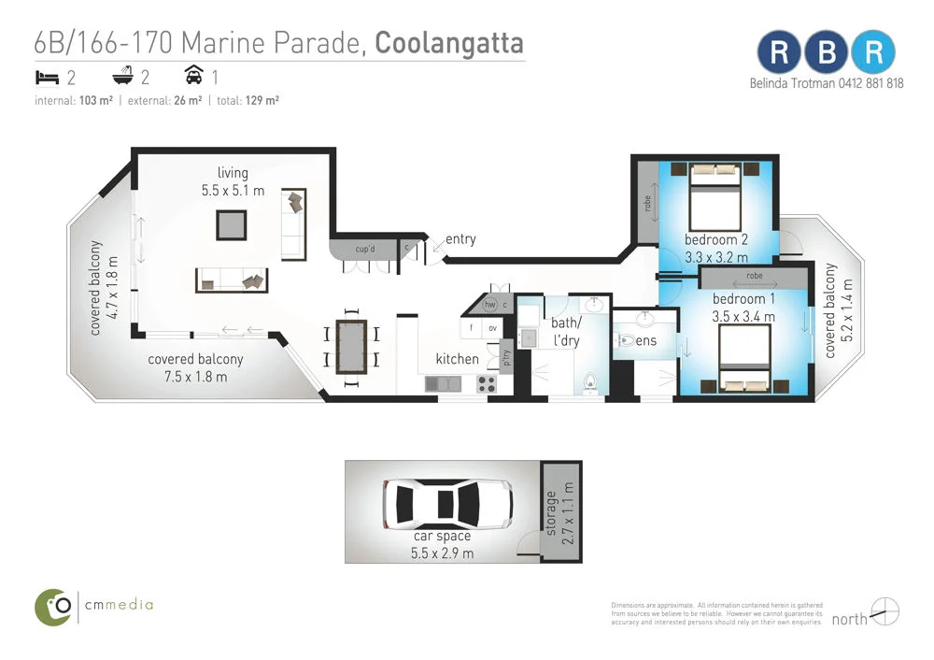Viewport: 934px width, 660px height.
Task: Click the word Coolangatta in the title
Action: tap(449, 43)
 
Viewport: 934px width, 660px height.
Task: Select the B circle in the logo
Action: tap(827, 52)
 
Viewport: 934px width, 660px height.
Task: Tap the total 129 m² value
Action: tap(263, 100)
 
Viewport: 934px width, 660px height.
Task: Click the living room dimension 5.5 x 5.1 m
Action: tap(233, 190)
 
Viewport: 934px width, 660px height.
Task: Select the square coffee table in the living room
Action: tap(233, 225)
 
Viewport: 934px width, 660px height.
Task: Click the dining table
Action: tap(351, 346)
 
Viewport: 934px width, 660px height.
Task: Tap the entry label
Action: tap(460, 239)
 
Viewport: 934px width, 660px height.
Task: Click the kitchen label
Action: tap(457, 359)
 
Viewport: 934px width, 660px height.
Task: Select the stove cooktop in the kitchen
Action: tap(488, 381)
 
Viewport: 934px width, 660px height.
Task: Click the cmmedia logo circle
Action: tap(53, 607)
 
